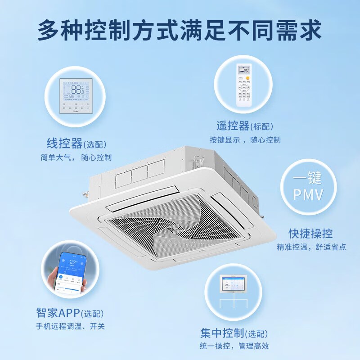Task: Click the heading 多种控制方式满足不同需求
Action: coord(180,30)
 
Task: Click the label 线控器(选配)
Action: coord(76,144)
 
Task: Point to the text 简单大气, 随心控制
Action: coord(76,157)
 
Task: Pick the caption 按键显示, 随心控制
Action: coord(244,140)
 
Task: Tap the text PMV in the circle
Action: coord(308,195)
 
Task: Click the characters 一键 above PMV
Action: coord(308,178)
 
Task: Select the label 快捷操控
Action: coord(311,234)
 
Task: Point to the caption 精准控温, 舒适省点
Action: coord(311,247)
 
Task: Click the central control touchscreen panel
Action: coord(234,285)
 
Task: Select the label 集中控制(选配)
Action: coord(234,333)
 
